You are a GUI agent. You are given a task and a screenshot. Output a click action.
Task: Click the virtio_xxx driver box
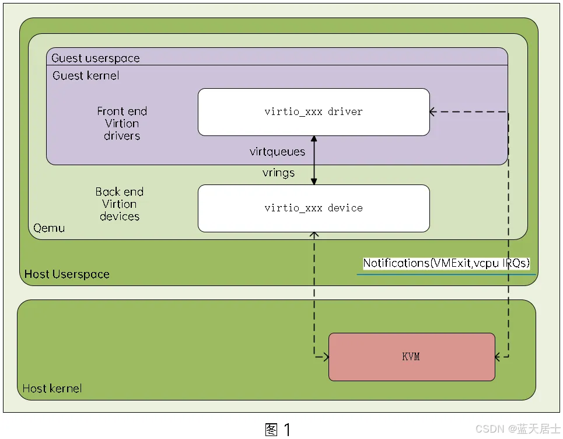(313, 112)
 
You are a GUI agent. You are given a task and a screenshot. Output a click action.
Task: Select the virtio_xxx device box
(313, 208)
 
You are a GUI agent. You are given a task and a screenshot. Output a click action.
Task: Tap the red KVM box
(411, 357)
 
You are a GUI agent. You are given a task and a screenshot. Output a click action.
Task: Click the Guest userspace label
(96, 58)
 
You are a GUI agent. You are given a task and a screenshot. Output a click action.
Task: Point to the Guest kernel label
(86, 76)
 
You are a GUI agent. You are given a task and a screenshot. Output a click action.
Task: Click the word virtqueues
(277, 152)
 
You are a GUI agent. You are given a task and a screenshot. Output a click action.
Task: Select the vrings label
(278, 173)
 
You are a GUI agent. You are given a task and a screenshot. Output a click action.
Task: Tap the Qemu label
(49, 228)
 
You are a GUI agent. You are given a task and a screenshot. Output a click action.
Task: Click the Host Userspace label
(67, 274)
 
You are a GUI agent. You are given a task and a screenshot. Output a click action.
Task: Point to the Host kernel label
(52, 388)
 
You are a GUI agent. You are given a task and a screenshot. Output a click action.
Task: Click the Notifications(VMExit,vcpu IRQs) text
(446, 263)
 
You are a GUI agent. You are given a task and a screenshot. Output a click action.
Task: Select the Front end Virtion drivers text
(122, 123)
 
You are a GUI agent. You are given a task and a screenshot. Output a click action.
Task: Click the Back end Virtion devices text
(120, 204)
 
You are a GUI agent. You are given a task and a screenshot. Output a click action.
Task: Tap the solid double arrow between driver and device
(314, 161)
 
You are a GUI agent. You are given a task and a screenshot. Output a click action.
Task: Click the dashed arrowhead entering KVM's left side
(324, 356)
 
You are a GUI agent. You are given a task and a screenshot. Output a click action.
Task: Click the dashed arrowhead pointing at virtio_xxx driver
(434, 112)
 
